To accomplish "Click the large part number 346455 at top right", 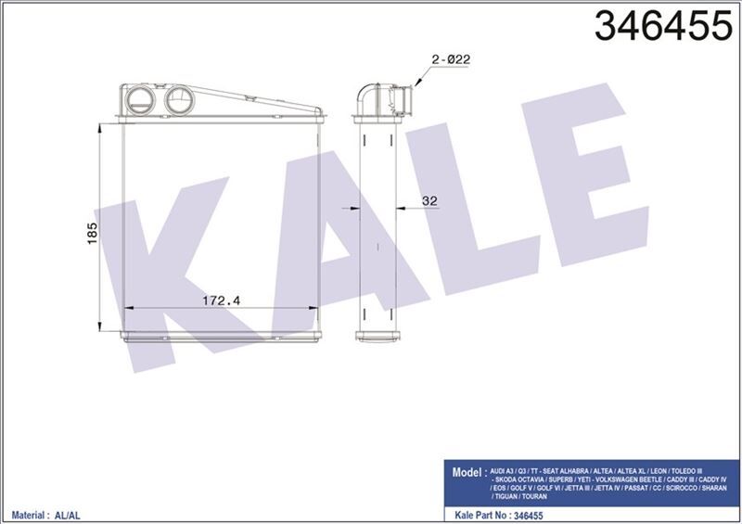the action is [663, 26].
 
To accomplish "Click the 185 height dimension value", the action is [92, 233].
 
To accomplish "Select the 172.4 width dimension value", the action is [221, 300].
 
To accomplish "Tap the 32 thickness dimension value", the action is [429, 200].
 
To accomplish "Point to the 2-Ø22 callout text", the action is [451, 59].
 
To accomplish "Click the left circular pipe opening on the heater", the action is [141, 100].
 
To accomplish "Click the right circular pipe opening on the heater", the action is [179, 100].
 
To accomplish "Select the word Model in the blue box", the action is [467, 472].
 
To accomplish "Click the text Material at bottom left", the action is [28, 515].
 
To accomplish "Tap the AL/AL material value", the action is [67, 516].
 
